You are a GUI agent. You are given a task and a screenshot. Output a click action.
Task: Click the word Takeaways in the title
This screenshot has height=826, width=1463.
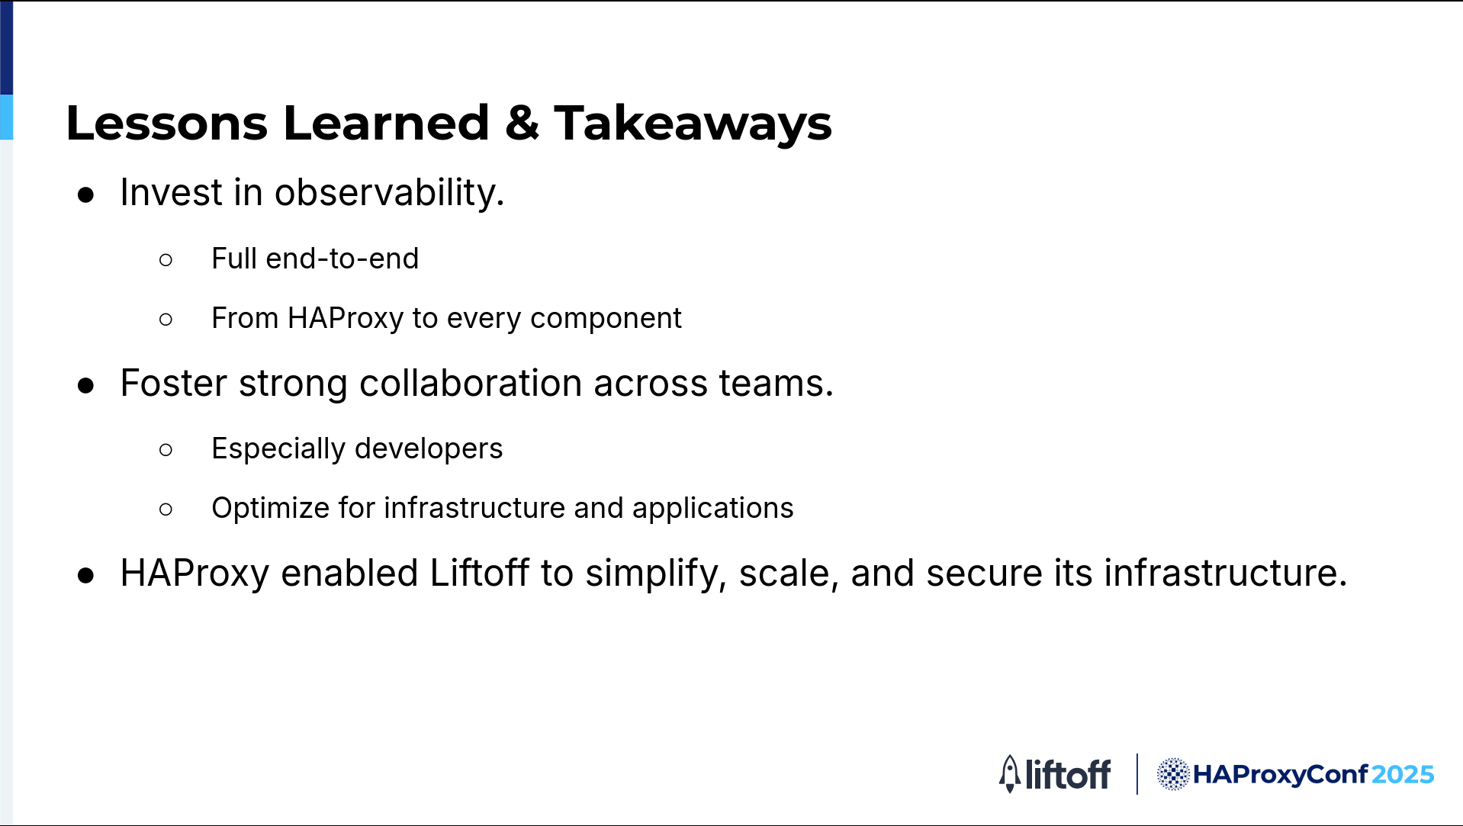[x=693, y=124]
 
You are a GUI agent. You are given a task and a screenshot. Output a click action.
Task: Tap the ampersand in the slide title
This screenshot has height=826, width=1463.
[x=522, y=122]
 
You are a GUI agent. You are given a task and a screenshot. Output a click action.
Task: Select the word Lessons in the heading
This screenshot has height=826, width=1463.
[x=167, y=123]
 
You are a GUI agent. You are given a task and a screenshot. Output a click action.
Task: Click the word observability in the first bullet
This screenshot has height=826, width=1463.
[x=389, y=192]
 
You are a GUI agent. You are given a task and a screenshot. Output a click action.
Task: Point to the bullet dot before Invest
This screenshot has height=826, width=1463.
[x=86, y=195]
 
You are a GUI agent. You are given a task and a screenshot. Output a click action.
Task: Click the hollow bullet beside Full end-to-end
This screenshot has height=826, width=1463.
[x=166, y=260]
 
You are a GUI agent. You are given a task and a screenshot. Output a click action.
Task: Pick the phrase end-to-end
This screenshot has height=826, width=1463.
[x=342, y=259]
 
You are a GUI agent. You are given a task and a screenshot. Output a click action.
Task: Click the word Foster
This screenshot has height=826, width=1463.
[x=174, y=383]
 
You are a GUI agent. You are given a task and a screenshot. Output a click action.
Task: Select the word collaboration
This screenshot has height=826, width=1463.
[x=471, y=383]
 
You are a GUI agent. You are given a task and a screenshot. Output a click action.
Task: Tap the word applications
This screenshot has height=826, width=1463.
[x=712, y=508]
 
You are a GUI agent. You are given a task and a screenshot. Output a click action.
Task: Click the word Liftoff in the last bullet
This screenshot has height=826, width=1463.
[x=480, y=573]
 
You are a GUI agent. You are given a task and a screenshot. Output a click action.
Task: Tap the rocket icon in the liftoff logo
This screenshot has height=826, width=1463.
[x=1010, y=774]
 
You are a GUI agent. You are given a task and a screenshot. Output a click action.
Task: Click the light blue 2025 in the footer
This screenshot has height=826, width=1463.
[x=1403, y=775]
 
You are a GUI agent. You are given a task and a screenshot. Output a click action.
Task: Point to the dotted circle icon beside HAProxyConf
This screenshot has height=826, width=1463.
[x=1173, y=774]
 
